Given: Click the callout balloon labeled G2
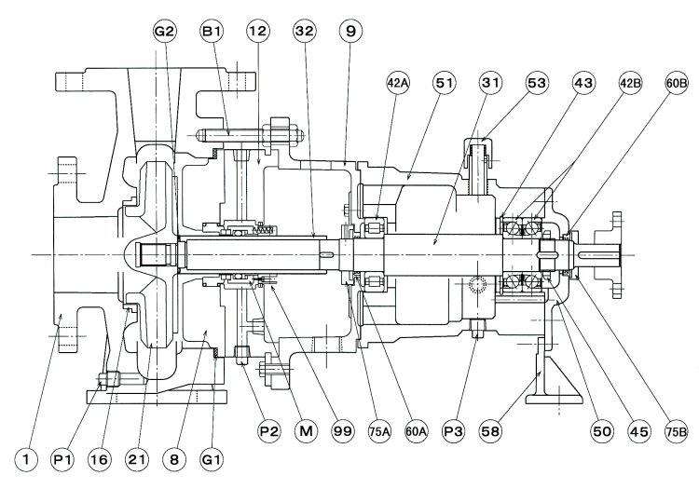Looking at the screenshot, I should (x=164, y=31).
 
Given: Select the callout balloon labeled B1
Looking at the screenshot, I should (x=211, y=31).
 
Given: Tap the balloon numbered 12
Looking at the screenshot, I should (x=258, y=31).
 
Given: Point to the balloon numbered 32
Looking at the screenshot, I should (x=304, y=31).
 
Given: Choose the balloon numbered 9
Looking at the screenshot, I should (x=349, y=31).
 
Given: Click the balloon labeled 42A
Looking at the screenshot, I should (x=398, y=83).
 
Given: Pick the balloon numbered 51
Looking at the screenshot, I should (x=444, y=83).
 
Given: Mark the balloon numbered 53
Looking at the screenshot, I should (x=537, y=83).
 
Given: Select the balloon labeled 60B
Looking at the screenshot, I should (x=676, y=83).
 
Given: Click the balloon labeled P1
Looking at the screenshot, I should (x=62, y=458).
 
